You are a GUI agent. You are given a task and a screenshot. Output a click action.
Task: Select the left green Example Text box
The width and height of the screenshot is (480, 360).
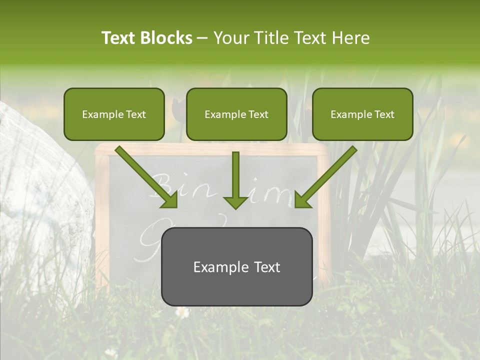tap(114, 114)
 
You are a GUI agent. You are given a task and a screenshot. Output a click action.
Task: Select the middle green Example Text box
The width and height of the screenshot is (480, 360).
tap(236, 114)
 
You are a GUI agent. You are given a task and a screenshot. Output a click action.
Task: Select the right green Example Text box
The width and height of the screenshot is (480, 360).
tap(362, 114)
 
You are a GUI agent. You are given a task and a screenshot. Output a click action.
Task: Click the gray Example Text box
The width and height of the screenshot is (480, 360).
tap(236, 267)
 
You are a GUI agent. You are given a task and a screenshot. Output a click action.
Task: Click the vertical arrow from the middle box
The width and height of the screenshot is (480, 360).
tap(235, 175)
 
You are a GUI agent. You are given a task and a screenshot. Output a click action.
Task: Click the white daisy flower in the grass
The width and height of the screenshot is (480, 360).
tap(182, 312)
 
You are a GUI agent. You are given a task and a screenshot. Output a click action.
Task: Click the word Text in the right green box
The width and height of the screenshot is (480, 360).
tap(384, 114)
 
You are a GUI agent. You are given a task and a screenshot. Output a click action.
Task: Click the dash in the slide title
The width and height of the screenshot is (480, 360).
tap(202, 38)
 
